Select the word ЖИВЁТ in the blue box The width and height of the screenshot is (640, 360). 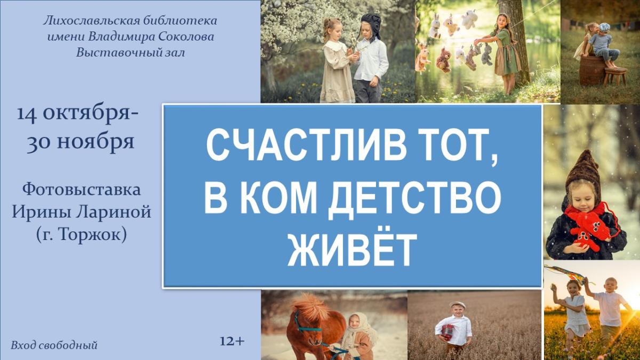coord(350,249)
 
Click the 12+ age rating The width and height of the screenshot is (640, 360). coord(232,341)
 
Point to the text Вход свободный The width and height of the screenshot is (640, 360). coord(54,346)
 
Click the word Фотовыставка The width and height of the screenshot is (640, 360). coord(82,190)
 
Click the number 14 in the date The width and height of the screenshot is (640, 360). coord(26,115)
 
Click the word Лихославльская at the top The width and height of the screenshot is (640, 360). coord(90,21)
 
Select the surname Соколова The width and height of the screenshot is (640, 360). coord(186,37)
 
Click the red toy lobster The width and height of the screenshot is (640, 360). coord(589,227)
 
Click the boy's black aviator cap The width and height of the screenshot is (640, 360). coord(370,25)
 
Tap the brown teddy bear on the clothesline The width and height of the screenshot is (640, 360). coord(443,60)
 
